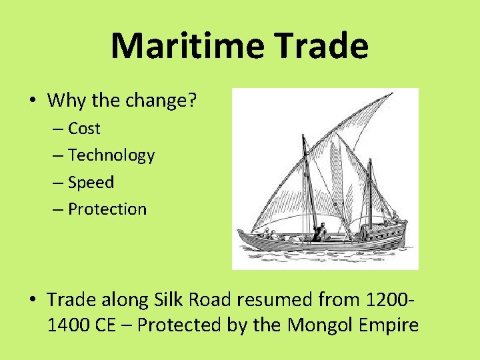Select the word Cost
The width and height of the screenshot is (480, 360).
click(x=84, y=129)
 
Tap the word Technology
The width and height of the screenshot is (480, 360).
click(x=111, y=155)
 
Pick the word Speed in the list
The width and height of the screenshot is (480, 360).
click(x=91, y=182)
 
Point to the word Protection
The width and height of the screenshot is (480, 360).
click(x=107, y=209)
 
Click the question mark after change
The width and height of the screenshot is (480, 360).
click(x=193, y=101)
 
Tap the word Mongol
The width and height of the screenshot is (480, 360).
click(x=320, y=325)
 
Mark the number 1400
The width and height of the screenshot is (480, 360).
click(x=68, y=325)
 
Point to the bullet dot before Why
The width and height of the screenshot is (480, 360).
click(x=33, y=101)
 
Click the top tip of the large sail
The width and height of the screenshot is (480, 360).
click(x=391, y=94)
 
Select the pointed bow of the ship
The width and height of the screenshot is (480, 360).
click(x=240, y=232)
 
